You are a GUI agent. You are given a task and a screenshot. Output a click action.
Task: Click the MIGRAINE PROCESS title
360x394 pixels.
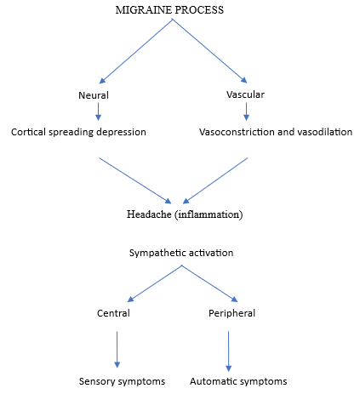pos(169,10)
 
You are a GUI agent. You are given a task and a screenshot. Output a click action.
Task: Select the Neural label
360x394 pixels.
pos(94,95)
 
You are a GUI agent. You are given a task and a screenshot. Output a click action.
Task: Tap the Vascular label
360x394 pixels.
pos(245,94)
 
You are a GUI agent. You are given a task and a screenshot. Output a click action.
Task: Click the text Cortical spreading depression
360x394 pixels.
pos(78,132)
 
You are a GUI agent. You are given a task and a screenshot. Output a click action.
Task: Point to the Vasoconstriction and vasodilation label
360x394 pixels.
pos(276,132)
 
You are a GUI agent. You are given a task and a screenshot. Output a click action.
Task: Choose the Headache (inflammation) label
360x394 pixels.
pos(185,214)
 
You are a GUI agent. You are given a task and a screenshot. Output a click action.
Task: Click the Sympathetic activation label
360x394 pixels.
pos(181,253)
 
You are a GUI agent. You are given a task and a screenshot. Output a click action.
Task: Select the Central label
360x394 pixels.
pos(113,313)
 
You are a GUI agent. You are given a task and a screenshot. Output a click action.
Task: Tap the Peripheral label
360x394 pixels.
pos(231,313)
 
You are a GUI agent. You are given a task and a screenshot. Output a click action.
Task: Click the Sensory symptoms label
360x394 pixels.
pos(122,381)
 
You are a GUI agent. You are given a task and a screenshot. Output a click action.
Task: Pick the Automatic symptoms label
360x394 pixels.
pos(238,381)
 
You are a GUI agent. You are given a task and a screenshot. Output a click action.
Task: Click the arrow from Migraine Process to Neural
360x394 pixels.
pos(136,51)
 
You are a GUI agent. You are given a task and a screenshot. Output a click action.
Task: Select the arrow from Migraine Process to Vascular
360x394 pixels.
pos(210,51)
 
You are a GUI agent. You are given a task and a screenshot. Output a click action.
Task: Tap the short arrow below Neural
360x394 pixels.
pos(98,111)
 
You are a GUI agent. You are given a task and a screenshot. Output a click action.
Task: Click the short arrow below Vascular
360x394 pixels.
pos(246,111)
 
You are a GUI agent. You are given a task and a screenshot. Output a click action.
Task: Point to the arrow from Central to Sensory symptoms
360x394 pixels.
pos(117,350)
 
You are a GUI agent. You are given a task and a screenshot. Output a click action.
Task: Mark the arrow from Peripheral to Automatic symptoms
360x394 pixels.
pos(228,351)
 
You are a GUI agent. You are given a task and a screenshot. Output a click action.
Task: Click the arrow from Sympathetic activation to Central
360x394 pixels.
pos(155,283)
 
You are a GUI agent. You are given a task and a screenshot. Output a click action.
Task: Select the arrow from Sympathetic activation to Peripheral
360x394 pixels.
pos(209,283)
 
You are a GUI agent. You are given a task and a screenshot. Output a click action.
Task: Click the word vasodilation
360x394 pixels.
pos(323,132)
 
